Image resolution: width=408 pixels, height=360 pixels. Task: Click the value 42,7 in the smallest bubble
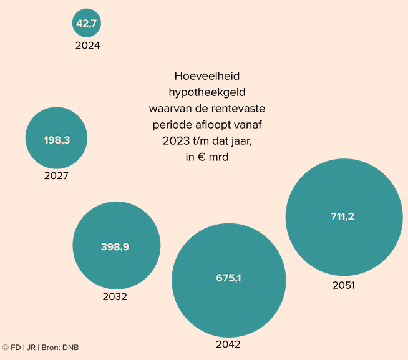click(x=87, y=24)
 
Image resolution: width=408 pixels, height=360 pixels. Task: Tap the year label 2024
click(x=87, y=45)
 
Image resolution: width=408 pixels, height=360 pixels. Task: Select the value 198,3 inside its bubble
click(x=57, y=140)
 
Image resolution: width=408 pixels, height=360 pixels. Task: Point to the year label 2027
click(x=56, y=176)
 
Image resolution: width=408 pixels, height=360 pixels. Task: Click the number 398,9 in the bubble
click(x=115, y=247)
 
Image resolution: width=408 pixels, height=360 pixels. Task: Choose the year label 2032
click(x=115, y=296)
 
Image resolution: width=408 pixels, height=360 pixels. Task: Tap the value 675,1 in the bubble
click(x=228, y=278)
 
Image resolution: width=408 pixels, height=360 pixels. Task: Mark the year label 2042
click(x=228, y=344)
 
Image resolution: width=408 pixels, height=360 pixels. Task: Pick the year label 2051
click(x=343, y=285)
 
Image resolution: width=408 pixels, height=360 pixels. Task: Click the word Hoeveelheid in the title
click(x=207, y=76)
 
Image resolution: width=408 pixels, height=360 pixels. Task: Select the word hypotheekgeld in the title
click(x=207, y=92)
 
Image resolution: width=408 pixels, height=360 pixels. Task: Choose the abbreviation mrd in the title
click(x=220, y=157)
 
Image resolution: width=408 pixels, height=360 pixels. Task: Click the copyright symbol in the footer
click(x=5, y=348)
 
